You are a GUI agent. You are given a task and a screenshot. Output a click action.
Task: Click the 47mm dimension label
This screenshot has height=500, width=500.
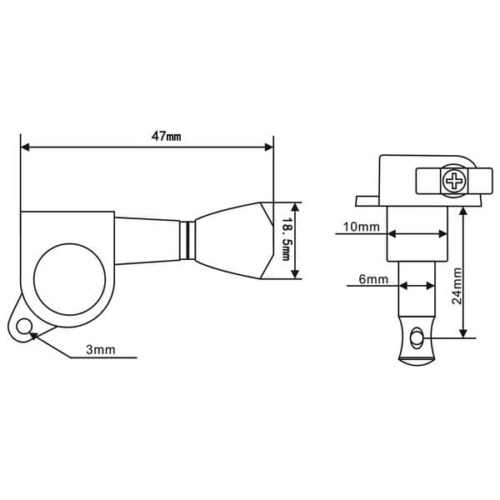coord(166,137)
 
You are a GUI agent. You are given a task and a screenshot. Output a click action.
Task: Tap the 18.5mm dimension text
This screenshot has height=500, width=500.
coord(285,239)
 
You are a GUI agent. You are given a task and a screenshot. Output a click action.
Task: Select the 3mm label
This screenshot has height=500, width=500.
coord(101,350)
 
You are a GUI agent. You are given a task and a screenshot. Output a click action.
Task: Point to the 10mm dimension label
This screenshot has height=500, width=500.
coord(362,227)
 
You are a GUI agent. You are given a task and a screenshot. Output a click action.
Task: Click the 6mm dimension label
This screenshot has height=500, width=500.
coord(373,279)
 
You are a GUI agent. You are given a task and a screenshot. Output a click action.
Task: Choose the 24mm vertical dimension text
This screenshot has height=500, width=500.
coord(457,287)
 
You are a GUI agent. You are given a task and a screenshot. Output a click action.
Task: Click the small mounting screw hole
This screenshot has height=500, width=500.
coord(24,327)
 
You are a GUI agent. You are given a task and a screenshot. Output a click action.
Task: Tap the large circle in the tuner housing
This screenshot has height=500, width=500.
coord(69,279)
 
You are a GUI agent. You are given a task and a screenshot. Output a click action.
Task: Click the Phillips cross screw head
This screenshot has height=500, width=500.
coord(454,181)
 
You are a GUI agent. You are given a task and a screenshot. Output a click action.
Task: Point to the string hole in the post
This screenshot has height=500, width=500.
coord(416,337)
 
